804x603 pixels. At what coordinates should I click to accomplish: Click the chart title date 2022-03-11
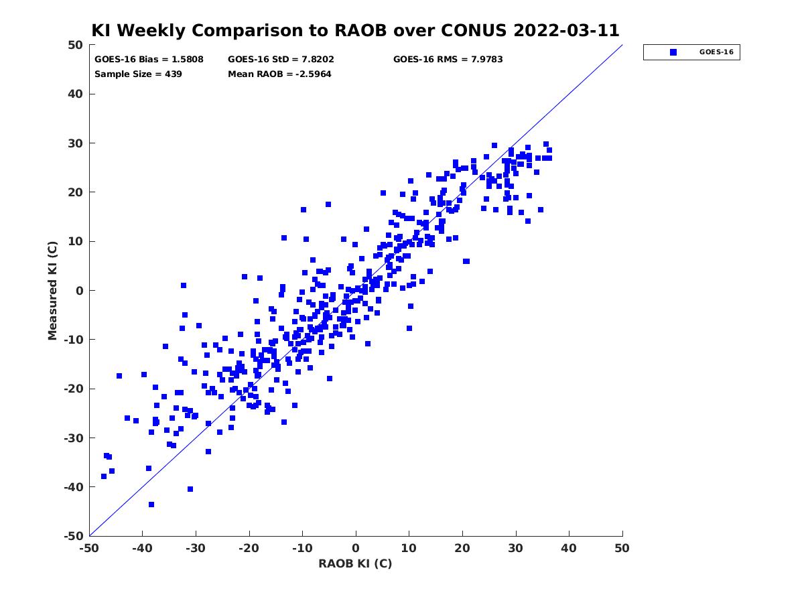[566, 30]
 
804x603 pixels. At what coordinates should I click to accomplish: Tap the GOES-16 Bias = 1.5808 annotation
[149, 60]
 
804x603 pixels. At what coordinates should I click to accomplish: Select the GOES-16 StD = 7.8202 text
[281, 60]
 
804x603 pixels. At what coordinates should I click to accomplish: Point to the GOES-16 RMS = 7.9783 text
[448, 60]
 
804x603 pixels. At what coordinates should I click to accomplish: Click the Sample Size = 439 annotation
[138, 74]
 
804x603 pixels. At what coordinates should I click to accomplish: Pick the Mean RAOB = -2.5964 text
[279, 74]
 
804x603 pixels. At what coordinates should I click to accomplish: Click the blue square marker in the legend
[673, 52]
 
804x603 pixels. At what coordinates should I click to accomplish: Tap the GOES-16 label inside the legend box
[716, 52]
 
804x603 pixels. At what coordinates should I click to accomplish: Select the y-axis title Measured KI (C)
[52, 290]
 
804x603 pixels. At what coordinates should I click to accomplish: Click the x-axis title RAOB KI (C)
[355, 563]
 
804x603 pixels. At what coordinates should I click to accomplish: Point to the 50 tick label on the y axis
[76, 45]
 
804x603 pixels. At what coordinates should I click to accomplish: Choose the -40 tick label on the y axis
[74, 487]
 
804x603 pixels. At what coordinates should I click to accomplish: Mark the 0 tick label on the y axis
[80, 291]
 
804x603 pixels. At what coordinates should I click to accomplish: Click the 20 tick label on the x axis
[462, 548]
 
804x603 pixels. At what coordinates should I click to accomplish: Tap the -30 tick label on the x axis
[195, 548]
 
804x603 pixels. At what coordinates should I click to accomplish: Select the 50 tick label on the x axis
[622, 548]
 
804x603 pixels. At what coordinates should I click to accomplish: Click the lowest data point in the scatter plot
[151, 505]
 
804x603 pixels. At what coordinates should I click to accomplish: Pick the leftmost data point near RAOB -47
[104, 476]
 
